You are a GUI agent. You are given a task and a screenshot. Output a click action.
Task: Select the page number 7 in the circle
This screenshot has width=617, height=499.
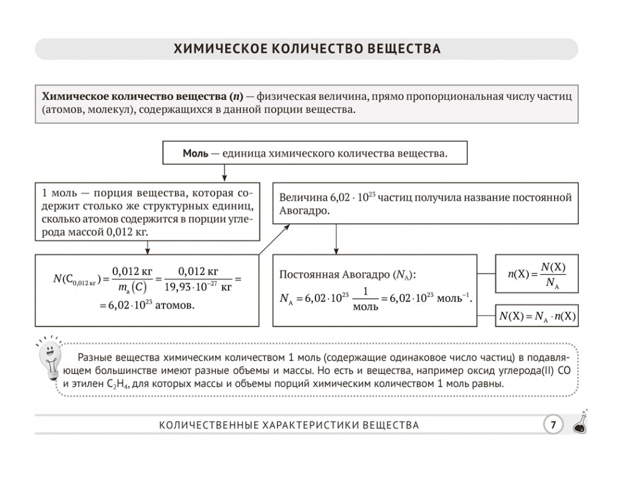[553, 424]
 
